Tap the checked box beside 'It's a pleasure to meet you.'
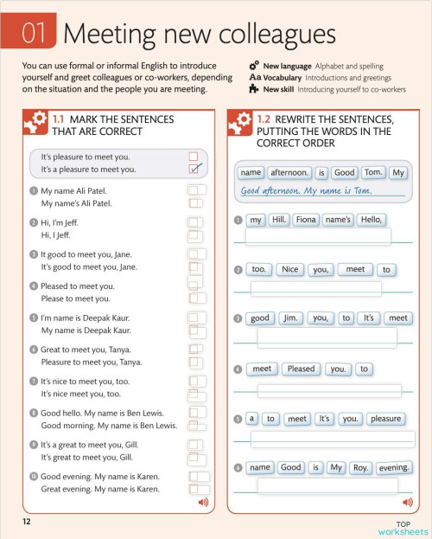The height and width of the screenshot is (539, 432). [x=194, y=170]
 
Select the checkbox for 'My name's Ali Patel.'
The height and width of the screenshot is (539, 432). [x=195, y=203]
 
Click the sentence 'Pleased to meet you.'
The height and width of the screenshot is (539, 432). [x=78, y=286]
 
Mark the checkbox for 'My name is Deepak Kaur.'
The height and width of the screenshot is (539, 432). [x=196, y=330]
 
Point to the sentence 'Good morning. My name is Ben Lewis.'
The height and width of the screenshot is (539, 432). [x=109, y=426]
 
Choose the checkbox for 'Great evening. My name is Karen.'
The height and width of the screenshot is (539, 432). [x=199, y=489]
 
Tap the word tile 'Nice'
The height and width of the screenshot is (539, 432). [x=290, y=269]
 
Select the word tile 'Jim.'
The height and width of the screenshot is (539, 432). [x=289, y=318]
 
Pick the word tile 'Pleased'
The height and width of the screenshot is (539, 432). [x=301, y=369]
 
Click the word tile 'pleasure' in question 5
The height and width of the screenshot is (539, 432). [x=384, y=419]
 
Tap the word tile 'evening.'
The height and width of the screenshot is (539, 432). [x=393, y=467]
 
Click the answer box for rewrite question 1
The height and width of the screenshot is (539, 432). [x=318, y=236]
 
